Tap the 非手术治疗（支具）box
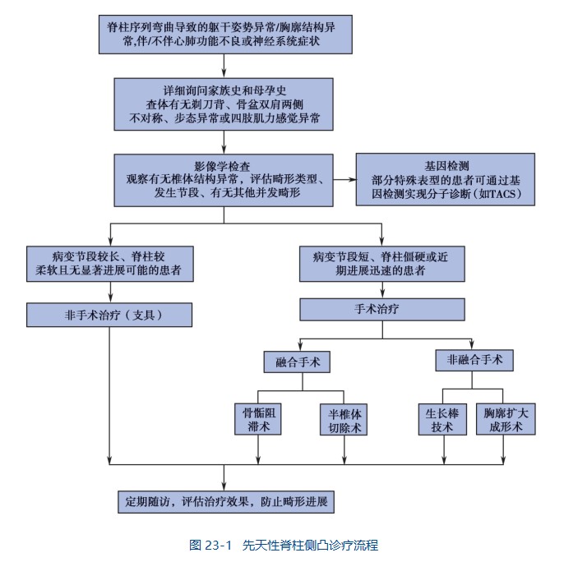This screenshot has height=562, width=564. [x=109, y=314]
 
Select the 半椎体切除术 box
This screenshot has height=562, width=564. [x=343, y=417]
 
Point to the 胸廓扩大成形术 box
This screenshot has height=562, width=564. [x=506, y=417]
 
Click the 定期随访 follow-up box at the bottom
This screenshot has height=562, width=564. [x=224, y=500]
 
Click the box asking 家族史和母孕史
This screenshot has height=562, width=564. [x=224, y=104]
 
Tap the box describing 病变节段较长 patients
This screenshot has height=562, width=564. [x=109, y=262]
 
